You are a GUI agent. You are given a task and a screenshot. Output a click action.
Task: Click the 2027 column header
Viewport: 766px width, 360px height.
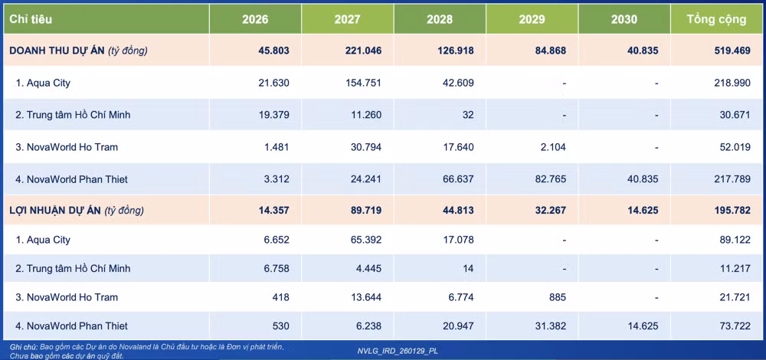pyautogui.click(x=347, y=19)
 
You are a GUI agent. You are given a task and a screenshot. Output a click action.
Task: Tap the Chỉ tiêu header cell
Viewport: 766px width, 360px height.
pyautogui.click(x=31, y=19)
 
